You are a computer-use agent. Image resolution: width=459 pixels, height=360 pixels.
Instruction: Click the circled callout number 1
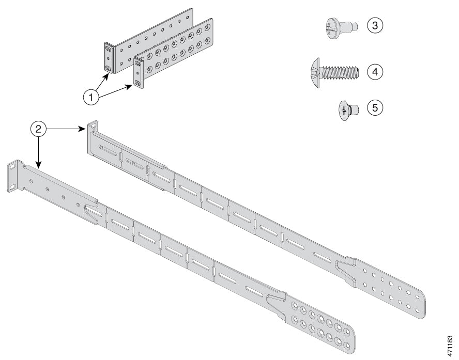pos(91,97)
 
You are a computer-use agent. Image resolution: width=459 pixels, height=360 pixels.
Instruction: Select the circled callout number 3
pos(375,25)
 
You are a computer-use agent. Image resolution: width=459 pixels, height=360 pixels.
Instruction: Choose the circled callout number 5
pos(375,107)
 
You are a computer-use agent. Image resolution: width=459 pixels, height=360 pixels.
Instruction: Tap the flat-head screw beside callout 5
pos(347,110)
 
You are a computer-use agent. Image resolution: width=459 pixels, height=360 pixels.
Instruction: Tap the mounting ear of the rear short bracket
pos(109,57)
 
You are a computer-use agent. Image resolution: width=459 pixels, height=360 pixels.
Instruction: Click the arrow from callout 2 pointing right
pos(67,130)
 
